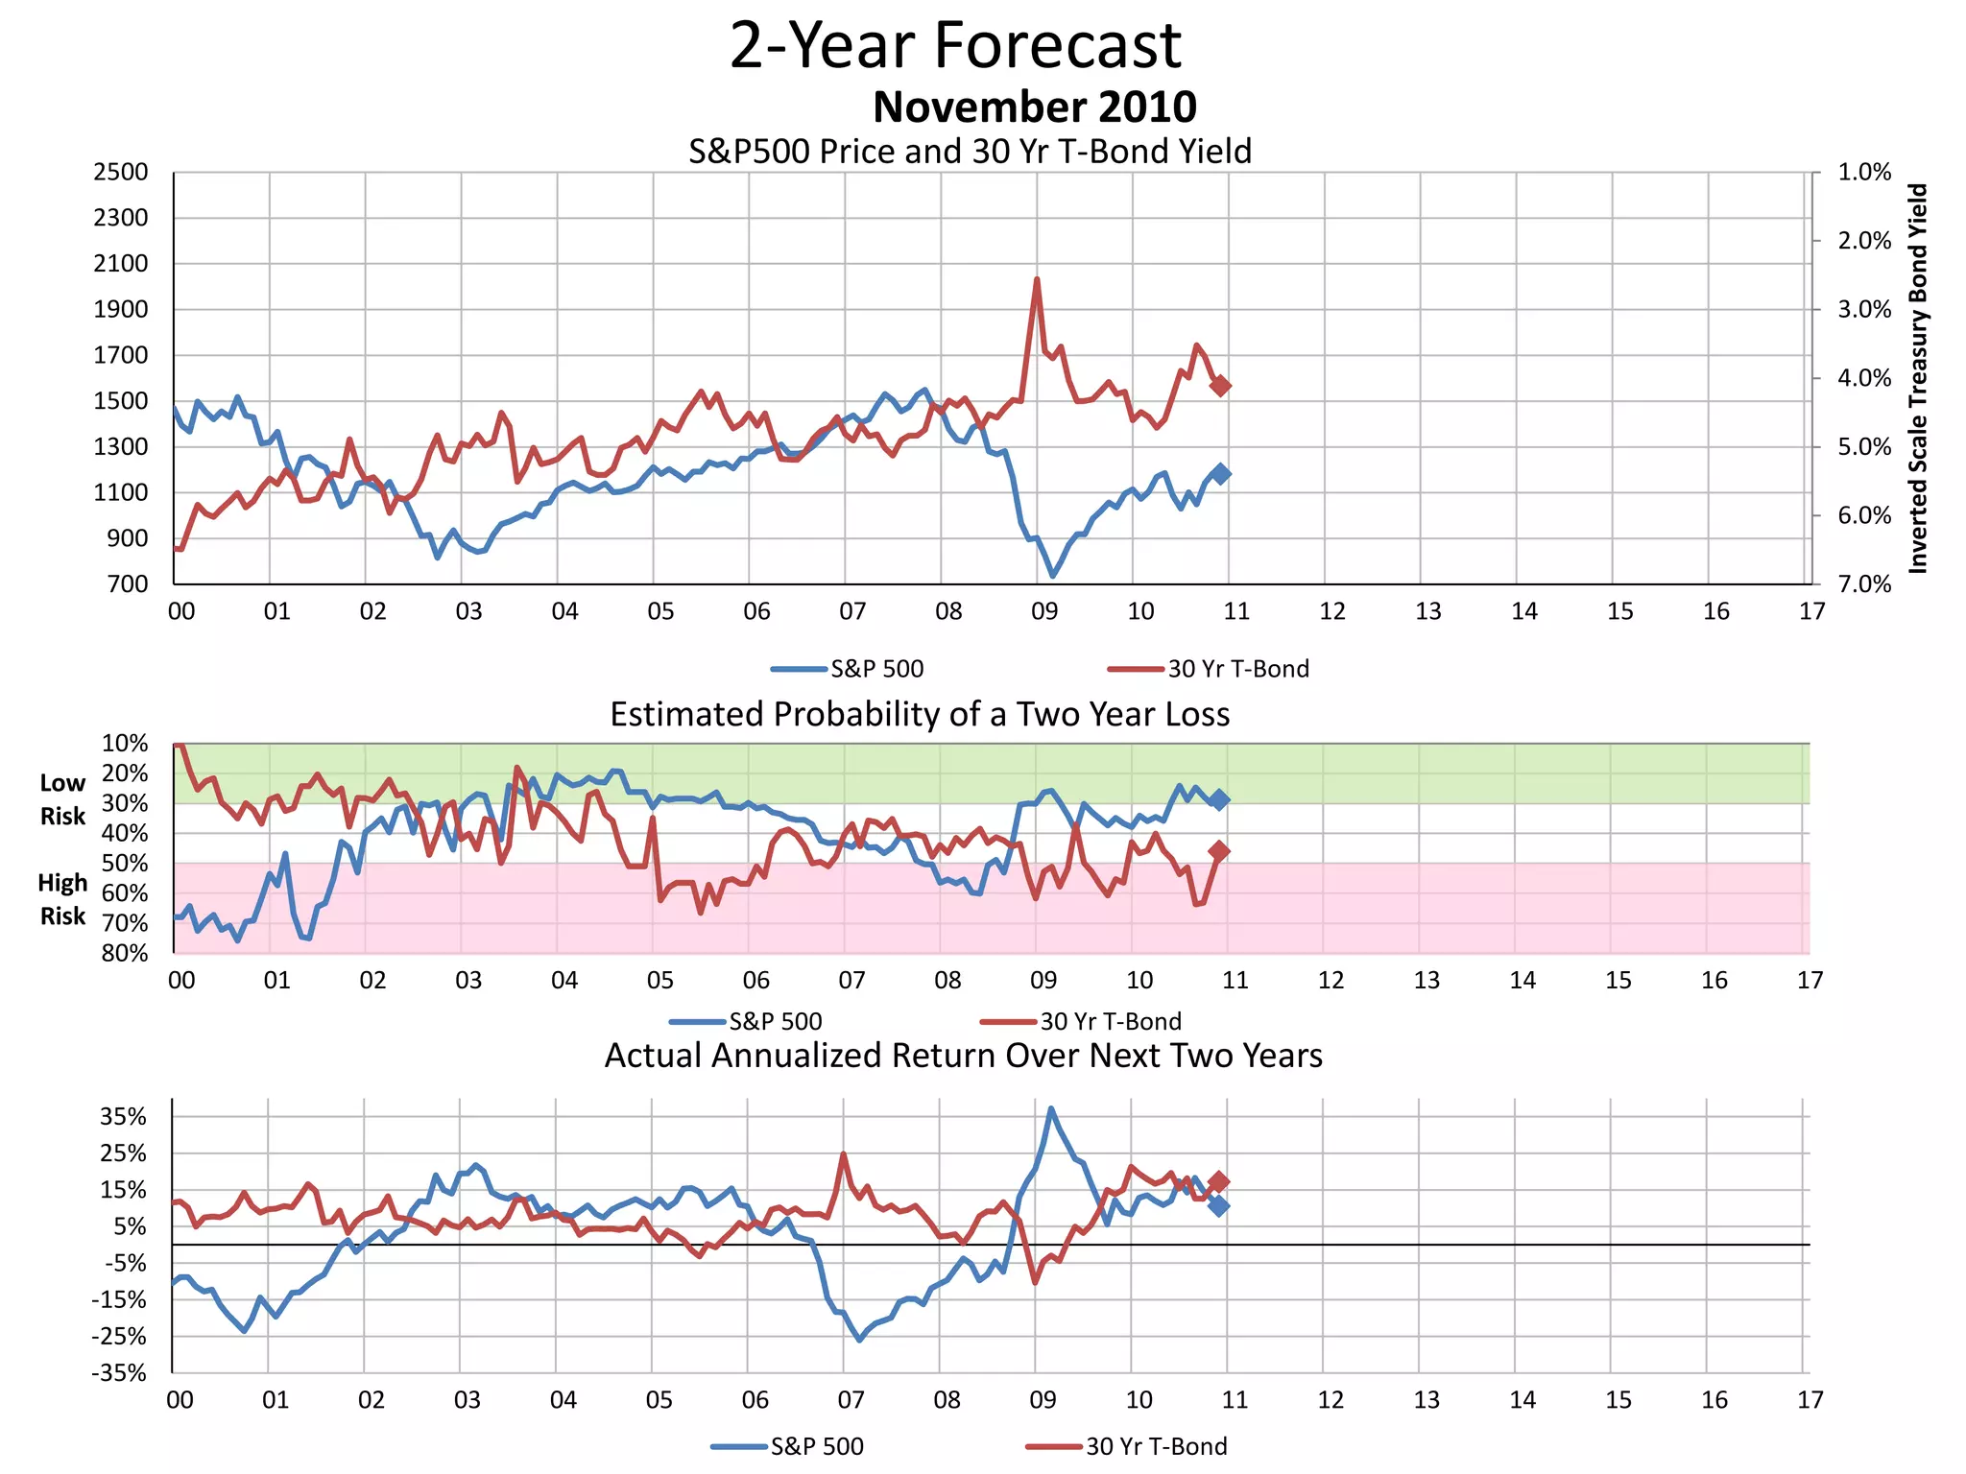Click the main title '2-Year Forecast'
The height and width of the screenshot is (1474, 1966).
(x=955, y=45)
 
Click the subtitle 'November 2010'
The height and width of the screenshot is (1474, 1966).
(x=1034, y=107)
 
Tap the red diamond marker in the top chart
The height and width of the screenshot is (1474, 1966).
(x=1220, y=385)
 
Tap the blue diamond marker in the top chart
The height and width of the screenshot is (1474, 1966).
(x=1220, y=473)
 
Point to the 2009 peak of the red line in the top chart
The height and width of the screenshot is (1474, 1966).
(x=1037, y=280)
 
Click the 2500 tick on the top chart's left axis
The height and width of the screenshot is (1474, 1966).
(x=121, y=173)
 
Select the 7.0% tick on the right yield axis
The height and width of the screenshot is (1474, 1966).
(x=1863, y=584)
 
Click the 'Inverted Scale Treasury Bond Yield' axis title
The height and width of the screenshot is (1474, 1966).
(x=1917, y=378)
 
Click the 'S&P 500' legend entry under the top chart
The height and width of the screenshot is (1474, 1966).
(x=875, y=669)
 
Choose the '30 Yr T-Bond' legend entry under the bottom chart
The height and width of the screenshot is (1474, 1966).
(x=1156, y=1446)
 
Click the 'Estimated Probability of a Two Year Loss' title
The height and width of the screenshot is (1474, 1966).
(x=919, y=715)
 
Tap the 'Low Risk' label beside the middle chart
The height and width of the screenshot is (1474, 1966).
(x=62, y=799)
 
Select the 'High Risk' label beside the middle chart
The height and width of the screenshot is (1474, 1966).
(x=62, y=899)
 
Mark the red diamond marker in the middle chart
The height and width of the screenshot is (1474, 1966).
(x=1219, y=850)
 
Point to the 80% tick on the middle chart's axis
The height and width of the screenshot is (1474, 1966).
(x=125, y=953)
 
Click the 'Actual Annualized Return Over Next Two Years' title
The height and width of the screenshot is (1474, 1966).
(x=963, y=1056)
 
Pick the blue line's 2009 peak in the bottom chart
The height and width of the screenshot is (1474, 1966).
(x=1051, y=1108)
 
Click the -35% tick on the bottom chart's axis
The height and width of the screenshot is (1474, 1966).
(x=119, y=1372)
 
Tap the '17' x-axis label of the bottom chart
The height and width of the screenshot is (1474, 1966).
(x=1810, y=1400)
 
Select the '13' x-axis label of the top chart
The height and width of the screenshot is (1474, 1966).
(x=1427, y=611)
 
